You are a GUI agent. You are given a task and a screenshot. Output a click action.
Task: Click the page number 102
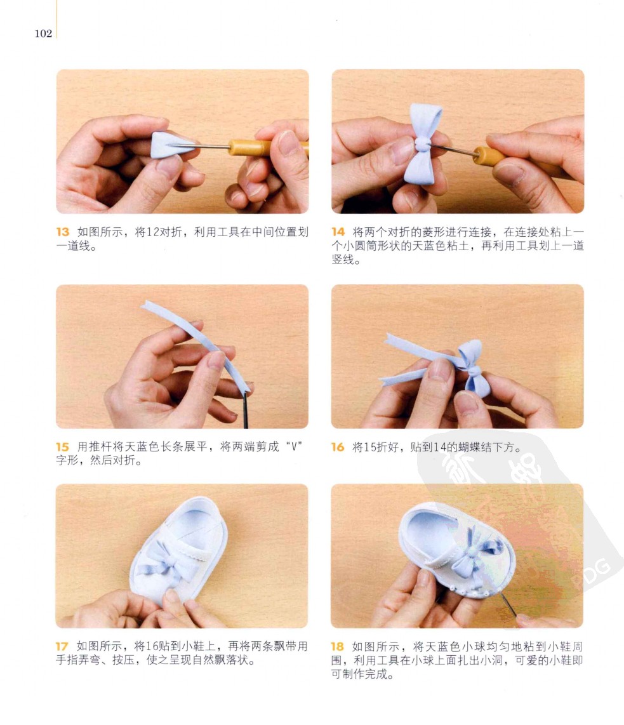coord(43,33)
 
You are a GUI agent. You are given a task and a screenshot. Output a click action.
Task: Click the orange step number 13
coord(62,232)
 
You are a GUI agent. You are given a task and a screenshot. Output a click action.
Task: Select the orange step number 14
coord(338,232)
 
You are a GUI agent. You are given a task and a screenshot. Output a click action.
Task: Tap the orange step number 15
coord(62,447)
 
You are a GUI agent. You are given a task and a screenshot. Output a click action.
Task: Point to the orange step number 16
coord(338,447)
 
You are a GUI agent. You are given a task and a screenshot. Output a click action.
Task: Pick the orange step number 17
coord(62,646)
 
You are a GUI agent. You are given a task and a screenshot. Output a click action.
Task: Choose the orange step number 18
coord(338,646)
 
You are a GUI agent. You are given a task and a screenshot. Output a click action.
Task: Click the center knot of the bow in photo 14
coord(421,144)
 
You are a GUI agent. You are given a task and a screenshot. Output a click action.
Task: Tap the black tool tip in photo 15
coord(245,410)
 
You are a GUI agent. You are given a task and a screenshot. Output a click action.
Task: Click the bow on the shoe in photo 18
coord(476,552)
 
